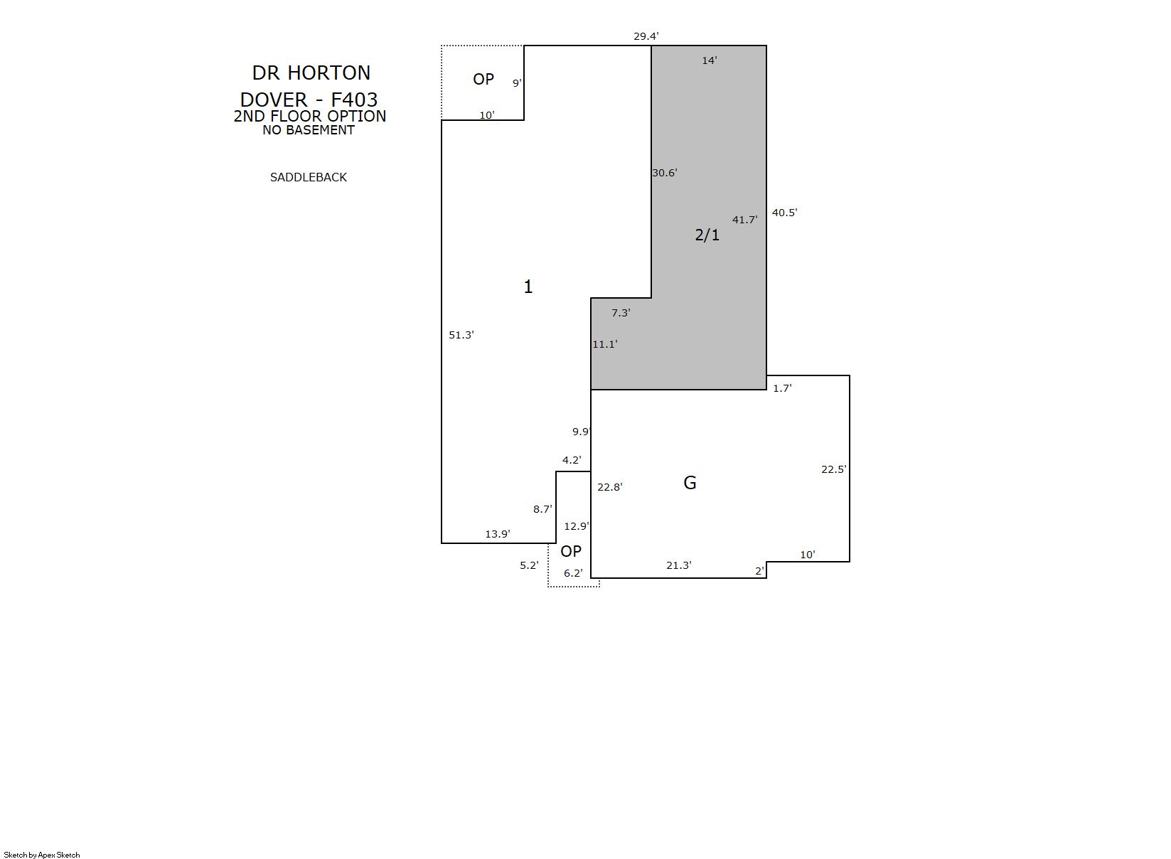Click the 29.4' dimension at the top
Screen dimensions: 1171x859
click(x=646, y=36)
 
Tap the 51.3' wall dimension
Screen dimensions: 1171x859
click(x=461, y=335)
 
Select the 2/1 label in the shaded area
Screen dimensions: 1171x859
click(x=707, y=235)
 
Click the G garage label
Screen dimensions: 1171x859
click(x=690, y=483)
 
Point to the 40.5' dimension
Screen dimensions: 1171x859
click(x=785, y=213)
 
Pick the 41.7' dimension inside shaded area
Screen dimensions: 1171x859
click(x=745, y=220)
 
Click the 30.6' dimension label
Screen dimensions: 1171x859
click(x=665, y=173)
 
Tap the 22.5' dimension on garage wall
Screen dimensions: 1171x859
click(x=834, y=469)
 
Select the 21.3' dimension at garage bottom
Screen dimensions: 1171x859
click(x=679, y=565)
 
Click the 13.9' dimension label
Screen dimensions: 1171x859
click(x=498, y=534)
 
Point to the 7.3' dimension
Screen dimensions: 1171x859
click(x=621, y=313)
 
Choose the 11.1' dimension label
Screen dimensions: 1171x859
click(x=605, y=344)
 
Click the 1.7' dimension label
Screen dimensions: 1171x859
click(x=783, y=388)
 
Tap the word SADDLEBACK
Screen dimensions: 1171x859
click(x=309, y=177)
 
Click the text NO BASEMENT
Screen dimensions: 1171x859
click(x=309, y=130)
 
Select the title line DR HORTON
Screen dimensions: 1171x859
click(x=311, y=73)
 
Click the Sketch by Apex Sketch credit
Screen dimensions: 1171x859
click(x=42, y=855)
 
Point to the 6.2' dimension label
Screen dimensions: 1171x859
click(x=573, y=573)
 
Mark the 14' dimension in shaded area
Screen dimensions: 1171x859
click(x=710, y=60)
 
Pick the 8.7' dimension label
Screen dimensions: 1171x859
click(x=542, y=508)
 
